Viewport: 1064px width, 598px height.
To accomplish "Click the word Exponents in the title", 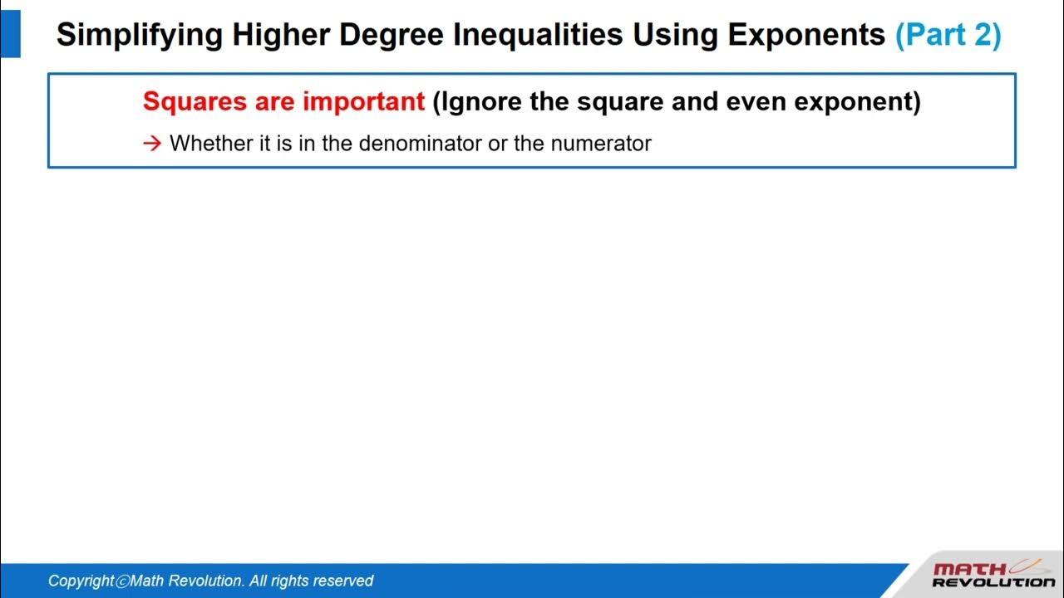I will coord(806,35).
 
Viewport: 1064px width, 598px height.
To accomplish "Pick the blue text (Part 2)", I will coord(948,35).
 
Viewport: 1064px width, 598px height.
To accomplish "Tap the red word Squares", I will coord(195,101).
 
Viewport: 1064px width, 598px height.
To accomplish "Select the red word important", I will coord(363,101).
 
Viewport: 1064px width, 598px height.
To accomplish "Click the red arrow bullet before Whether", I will coord(151,144).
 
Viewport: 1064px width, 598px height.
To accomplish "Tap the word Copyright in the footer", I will coord(81,581).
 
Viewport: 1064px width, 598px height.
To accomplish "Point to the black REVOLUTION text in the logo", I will coord(993,583).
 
